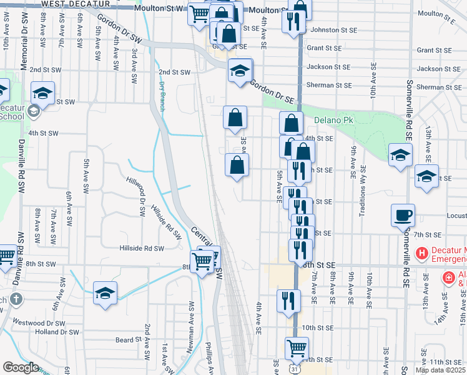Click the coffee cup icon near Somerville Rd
pos(403,216)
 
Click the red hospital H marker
pos(421,254)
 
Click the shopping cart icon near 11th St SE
pos(297,348)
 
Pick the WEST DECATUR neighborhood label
pos(71,4)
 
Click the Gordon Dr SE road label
pos(272,91)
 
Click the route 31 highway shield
pos(293,369)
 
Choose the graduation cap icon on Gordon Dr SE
pos(240,71)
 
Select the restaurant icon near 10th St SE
pos(289,299)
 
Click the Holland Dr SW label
pos(57,332)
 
